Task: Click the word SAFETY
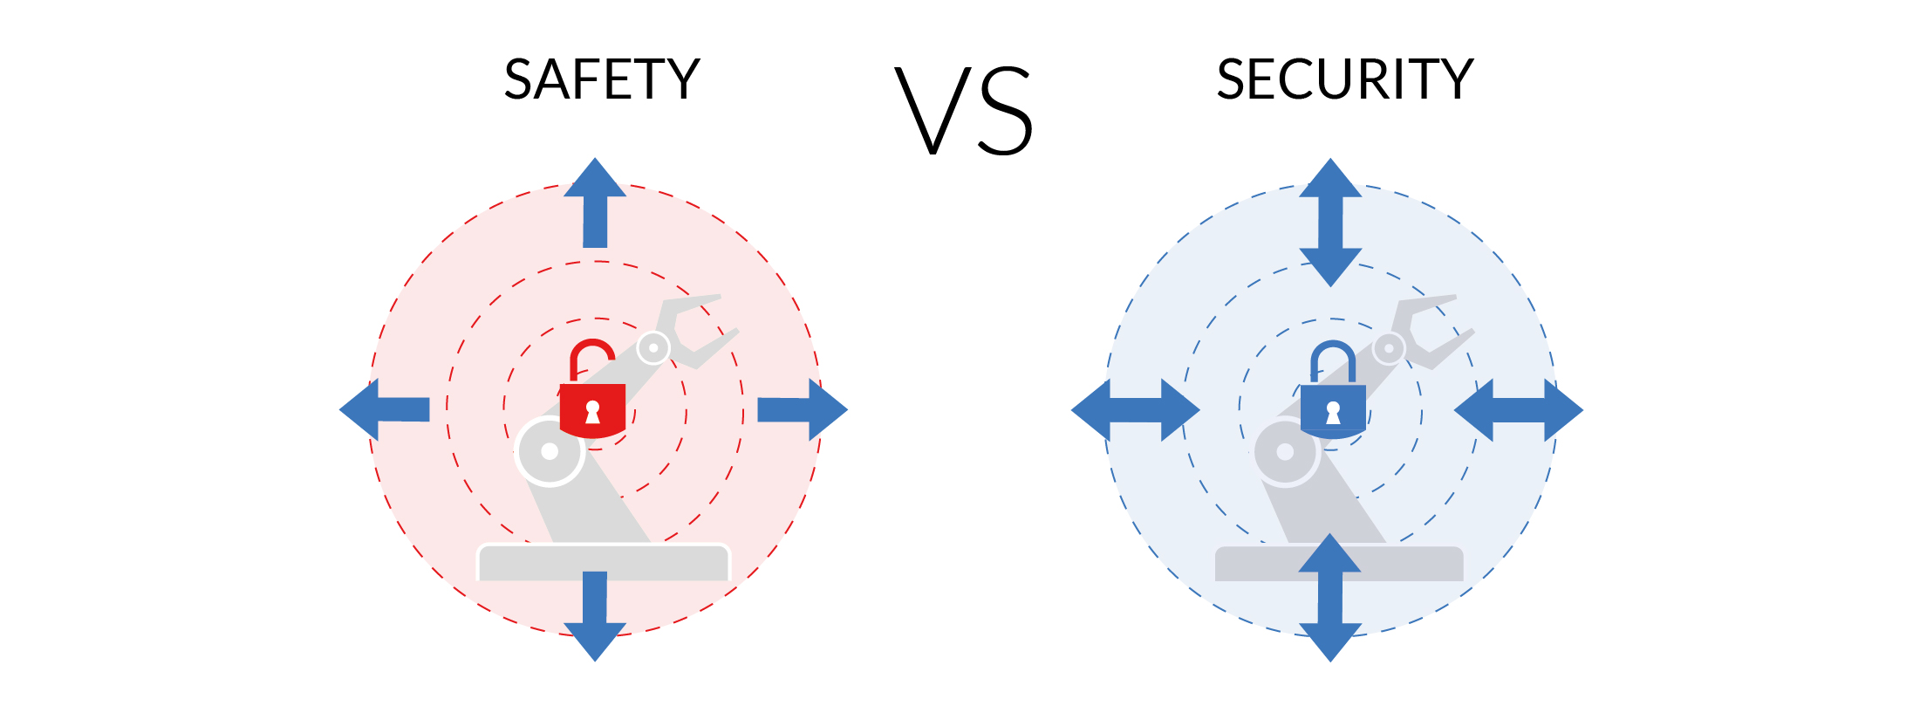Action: [x=602, y=79]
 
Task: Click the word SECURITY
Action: [x=1345, y=79]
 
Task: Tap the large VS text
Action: [x=964, y=111]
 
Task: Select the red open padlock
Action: [x=593, y=389]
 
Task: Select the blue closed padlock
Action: [x=1333, y=389]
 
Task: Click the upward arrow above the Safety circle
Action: [x=595, y=202]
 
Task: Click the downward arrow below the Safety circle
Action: [x=595, y=616]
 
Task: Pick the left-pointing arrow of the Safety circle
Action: [x=384, y=409]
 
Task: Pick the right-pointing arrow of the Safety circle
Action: [x=803, y=409]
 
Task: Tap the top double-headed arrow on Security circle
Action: [x=1330, y=223]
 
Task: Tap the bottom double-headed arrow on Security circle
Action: [x=1330, y=598]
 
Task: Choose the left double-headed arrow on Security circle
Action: [x=1136, y=410]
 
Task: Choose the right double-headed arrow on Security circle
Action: [x=1519, y=410]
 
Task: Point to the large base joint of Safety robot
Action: [x=550, y=451]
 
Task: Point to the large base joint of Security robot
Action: [x=1285, y=451]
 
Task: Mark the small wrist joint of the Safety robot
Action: [x=653, y=347]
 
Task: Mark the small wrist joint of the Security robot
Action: [x=1389, y=347]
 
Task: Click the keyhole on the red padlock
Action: [x=593, y=412]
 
